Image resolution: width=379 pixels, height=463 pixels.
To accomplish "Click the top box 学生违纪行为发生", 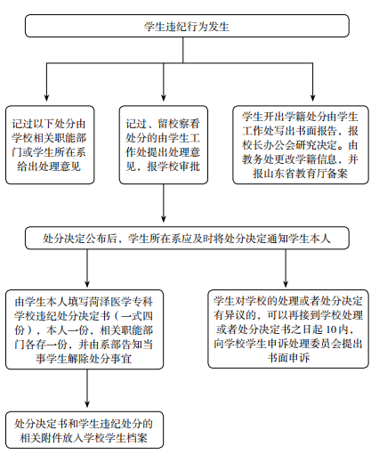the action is tap(187, 26).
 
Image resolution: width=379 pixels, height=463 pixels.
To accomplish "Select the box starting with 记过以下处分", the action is tap(50, 145).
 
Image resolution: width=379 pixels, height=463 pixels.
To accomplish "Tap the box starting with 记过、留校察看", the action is tap(164, 145).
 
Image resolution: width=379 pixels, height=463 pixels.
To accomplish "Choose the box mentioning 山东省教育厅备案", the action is tap(301, 145).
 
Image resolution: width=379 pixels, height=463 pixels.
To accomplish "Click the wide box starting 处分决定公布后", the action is tap(187, 238).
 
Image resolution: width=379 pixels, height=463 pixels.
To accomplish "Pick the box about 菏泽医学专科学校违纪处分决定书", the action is tap(85, 329).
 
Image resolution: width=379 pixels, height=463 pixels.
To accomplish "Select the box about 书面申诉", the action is tap(288, 329).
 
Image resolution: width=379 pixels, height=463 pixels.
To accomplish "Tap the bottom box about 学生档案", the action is tap(85, 430).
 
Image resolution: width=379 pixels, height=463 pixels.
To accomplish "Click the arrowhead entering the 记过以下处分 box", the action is tap(46, 98).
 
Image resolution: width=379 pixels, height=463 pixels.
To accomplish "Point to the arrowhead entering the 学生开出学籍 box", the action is tap(312, 98).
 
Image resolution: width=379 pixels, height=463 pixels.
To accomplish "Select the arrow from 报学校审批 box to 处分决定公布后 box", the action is tap(164, 203).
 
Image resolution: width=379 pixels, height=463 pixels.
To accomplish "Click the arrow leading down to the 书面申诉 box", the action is tap(286, 268).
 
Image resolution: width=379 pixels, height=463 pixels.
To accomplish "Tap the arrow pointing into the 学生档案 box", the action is tap(87, 388).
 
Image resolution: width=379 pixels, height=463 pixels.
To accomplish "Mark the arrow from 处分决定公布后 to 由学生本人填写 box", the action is tap(87, 268).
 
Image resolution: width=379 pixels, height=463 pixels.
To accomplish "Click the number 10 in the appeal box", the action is tap(331, 329).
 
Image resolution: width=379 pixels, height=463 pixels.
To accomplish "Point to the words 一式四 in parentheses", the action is tap(137, 315).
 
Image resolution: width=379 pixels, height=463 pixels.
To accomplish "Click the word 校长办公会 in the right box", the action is tap(269, 145).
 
